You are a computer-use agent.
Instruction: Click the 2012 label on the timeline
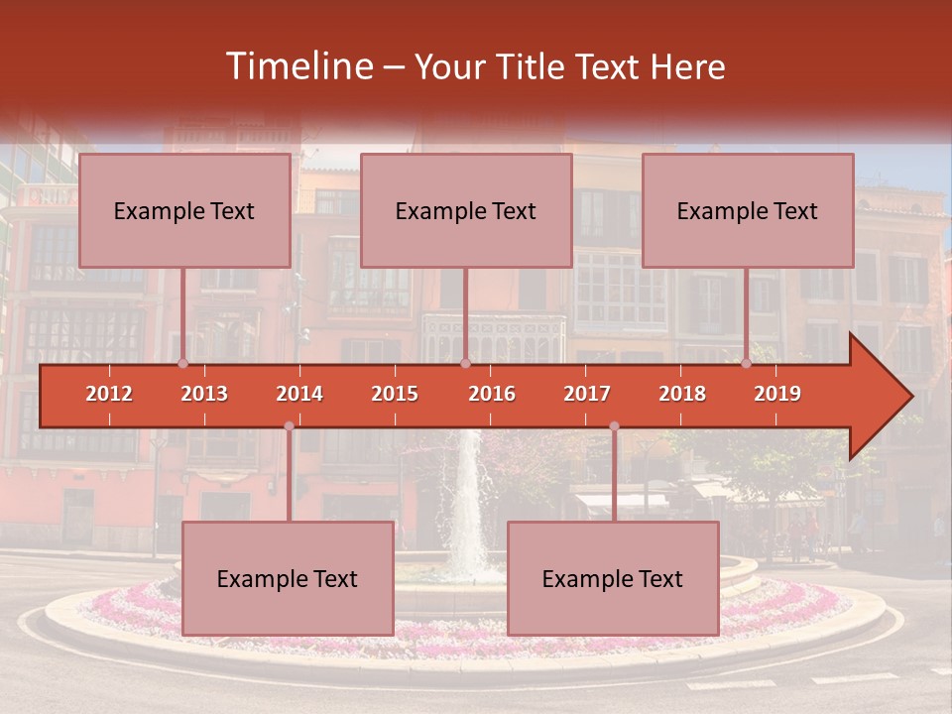click(x=109, y=394)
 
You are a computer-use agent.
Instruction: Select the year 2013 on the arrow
click(x=204, y=394)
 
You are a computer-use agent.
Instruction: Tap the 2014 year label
click(x=299, y=394)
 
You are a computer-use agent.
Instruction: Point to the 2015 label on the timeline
click(x=395, y=394)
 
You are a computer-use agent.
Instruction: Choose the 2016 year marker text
click(x=492, y=394)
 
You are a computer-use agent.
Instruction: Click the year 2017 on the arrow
click(x=587, y=394)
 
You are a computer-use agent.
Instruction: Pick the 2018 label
click(x=682, y=394)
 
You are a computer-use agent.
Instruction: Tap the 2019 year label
click(x=777, y=394)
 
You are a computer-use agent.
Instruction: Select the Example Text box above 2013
click(x=184, y=210)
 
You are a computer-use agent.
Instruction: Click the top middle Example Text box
click(x=466, y=210)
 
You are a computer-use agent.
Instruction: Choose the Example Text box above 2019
click(x=748, y=210)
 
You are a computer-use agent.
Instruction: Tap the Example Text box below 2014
click(x=288, y=578)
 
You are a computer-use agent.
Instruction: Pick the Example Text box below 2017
click(x=613, y=578)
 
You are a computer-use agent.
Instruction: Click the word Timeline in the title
click(x=297, y=66)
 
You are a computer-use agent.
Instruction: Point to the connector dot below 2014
click(x=289, y=426)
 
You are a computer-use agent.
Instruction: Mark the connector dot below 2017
click(x=614, y=426)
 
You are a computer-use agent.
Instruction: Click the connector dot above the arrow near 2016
click(x=465, y=364)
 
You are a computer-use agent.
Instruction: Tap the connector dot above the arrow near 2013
click(x=182, y=364)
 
